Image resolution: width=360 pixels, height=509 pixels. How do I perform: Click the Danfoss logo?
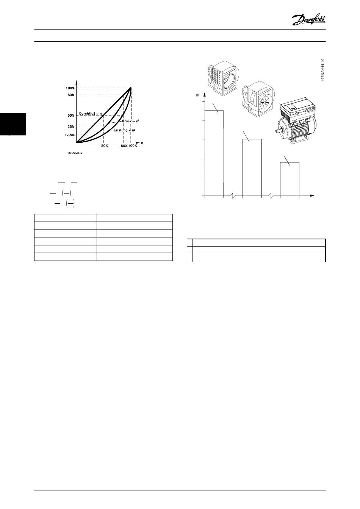coord(308,20)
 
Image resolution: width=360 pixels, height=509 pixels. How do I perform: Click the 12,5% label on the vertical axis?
coord(69,135)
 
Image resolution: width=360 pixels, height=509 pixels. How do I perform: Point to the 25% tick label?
coord(71,127)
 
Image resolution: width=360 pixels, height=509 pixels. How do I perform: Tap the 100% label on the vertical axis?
coord(70,88)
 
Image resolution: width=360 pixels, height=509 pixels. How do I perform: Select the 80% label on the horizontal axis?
coord(124,146)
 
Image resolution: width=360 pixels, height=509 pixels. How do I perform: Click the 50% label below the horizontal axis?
coord(105,146)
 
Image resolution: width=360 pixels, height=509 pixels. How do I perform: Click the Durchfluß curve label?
coord(90,113)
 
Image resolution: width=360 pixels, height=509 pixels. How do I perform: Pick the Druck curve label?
coord(130,121)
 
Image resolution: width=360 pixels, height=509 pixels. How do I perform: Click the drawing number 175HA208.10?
coord(74,153)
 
